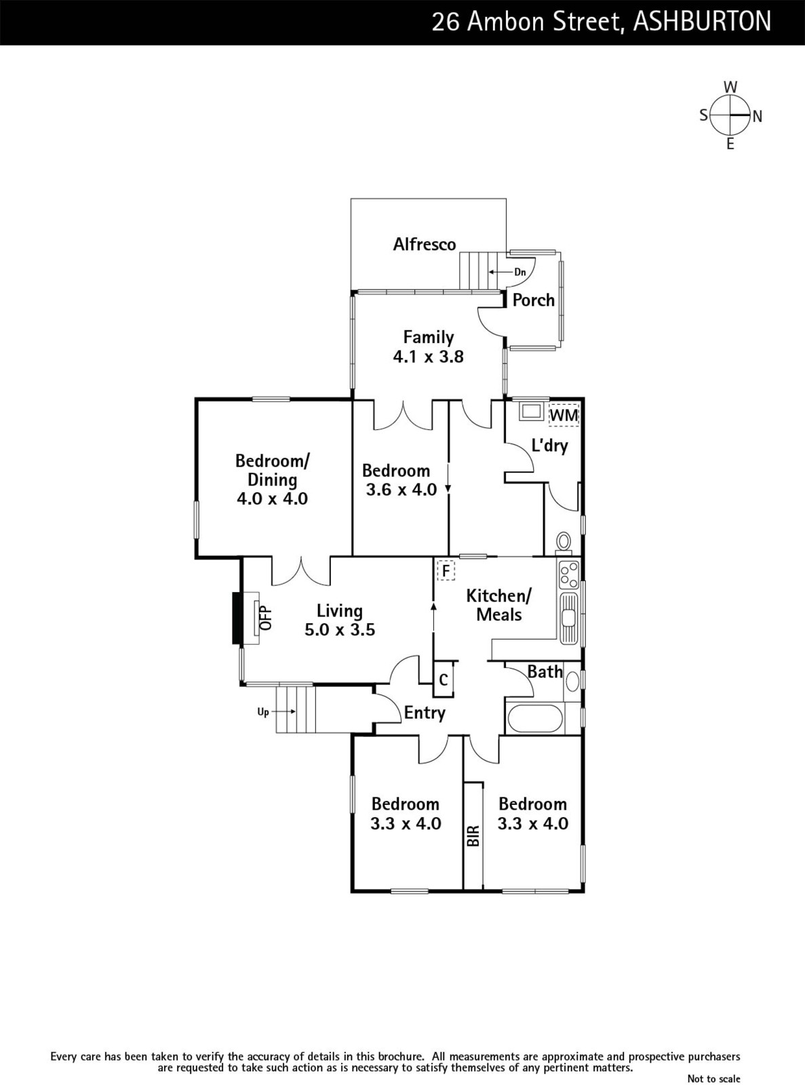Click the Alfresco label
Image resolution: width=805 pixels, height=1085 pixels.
(x=425, y=244)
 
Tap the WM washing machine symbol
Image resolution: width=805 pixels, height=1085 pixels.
(x=564, y=415)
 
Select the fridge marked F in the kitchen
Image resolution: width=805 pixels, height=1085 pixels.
(x=446, y=570)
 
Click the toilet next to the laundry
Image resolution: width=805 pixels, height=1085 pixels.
(x=564, y=542)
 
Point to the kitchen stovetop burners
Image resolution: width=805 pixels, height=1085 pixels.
(x=569, y=575)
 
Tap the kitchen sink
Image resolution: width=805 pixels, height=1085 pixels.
(x=568, y=618)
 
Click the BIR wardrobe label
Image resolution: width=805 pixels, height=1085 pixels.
(x=473, y=835)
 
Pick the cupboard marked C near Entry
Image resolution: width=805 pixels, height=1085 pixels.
(x=444, y=679)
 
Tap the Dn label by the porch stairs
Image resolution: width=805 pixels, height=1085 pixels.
(x=519, y=272)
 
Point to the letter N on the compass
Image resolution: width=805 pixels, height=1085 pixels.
(x=758, y=117)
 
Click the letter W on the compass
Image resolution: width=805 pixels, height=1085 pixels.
(x=730, y=87)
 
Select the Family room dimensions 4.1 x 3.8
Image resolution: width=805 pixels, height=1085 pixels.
(x=428, y=356)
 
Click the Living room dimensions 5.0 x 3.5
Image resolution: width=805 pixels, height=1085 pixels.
(x=340, y=629)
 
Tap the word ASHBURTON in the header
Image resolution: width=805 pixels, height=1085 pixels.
(x=702, y=22)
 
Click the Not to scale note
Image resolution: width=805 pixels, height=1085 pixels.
(x=713, y=1075)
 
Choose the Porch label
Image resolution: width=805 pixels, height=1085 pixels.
(x=534, y=300)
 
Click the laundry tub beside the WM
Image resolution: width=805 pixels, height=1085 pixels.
(x=531, y=412)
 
